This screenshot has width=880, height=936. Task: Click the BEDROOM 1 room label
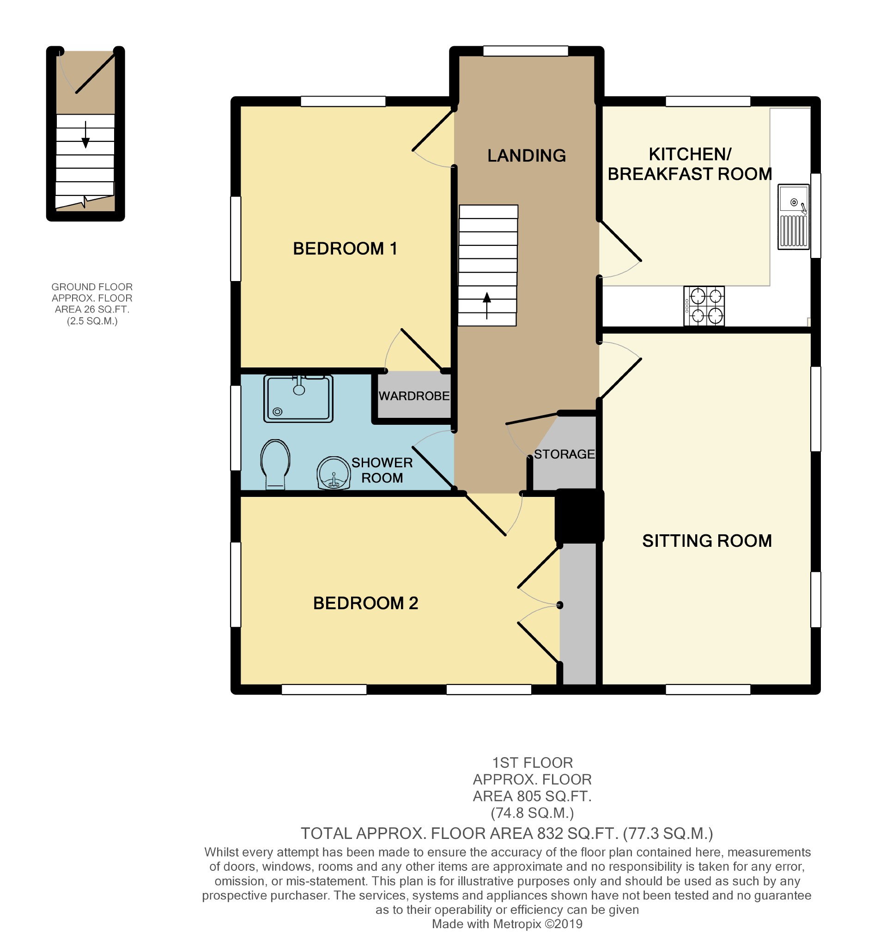click(x=345, y=249)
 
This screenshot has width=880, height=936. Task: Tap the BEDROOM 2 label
click(x=366, y=603)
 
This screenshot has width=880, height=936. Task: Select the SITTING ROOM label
click(x=707, y=541)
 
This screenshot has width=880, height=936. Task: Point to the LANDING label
click(x=527, y=155)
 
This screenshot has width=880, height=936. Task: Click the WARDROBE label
click(x=414, y=396)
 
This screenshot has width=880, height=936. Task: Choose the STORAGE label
click(x=564, y=454)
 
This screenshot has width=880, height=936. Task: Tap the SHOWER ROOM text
click(x=382, y=471)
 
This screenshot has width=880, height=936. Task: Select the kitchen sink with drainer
click(x=794, y=217)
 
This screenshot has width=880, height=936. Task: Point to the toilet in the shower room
click(x=275, y=465)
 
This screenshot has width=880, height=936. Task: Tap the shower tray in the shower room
click(x=298, y=398)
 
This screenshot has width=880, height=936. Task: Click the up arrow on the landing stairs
click(x=486, y=306)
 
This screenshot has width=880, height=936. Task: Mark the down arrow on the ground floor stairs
click(x=85, y=135)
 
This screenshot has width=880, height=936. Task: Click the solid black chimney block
click(x=579, y=516)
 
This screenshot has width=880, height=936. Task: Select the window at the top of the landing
click(x=526, y=51)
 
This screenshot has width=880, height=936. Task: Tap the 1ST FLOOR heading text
click(x=532, y=763)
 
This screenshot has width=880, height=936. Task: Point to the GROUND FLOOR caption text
click(x=92, y=287)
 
